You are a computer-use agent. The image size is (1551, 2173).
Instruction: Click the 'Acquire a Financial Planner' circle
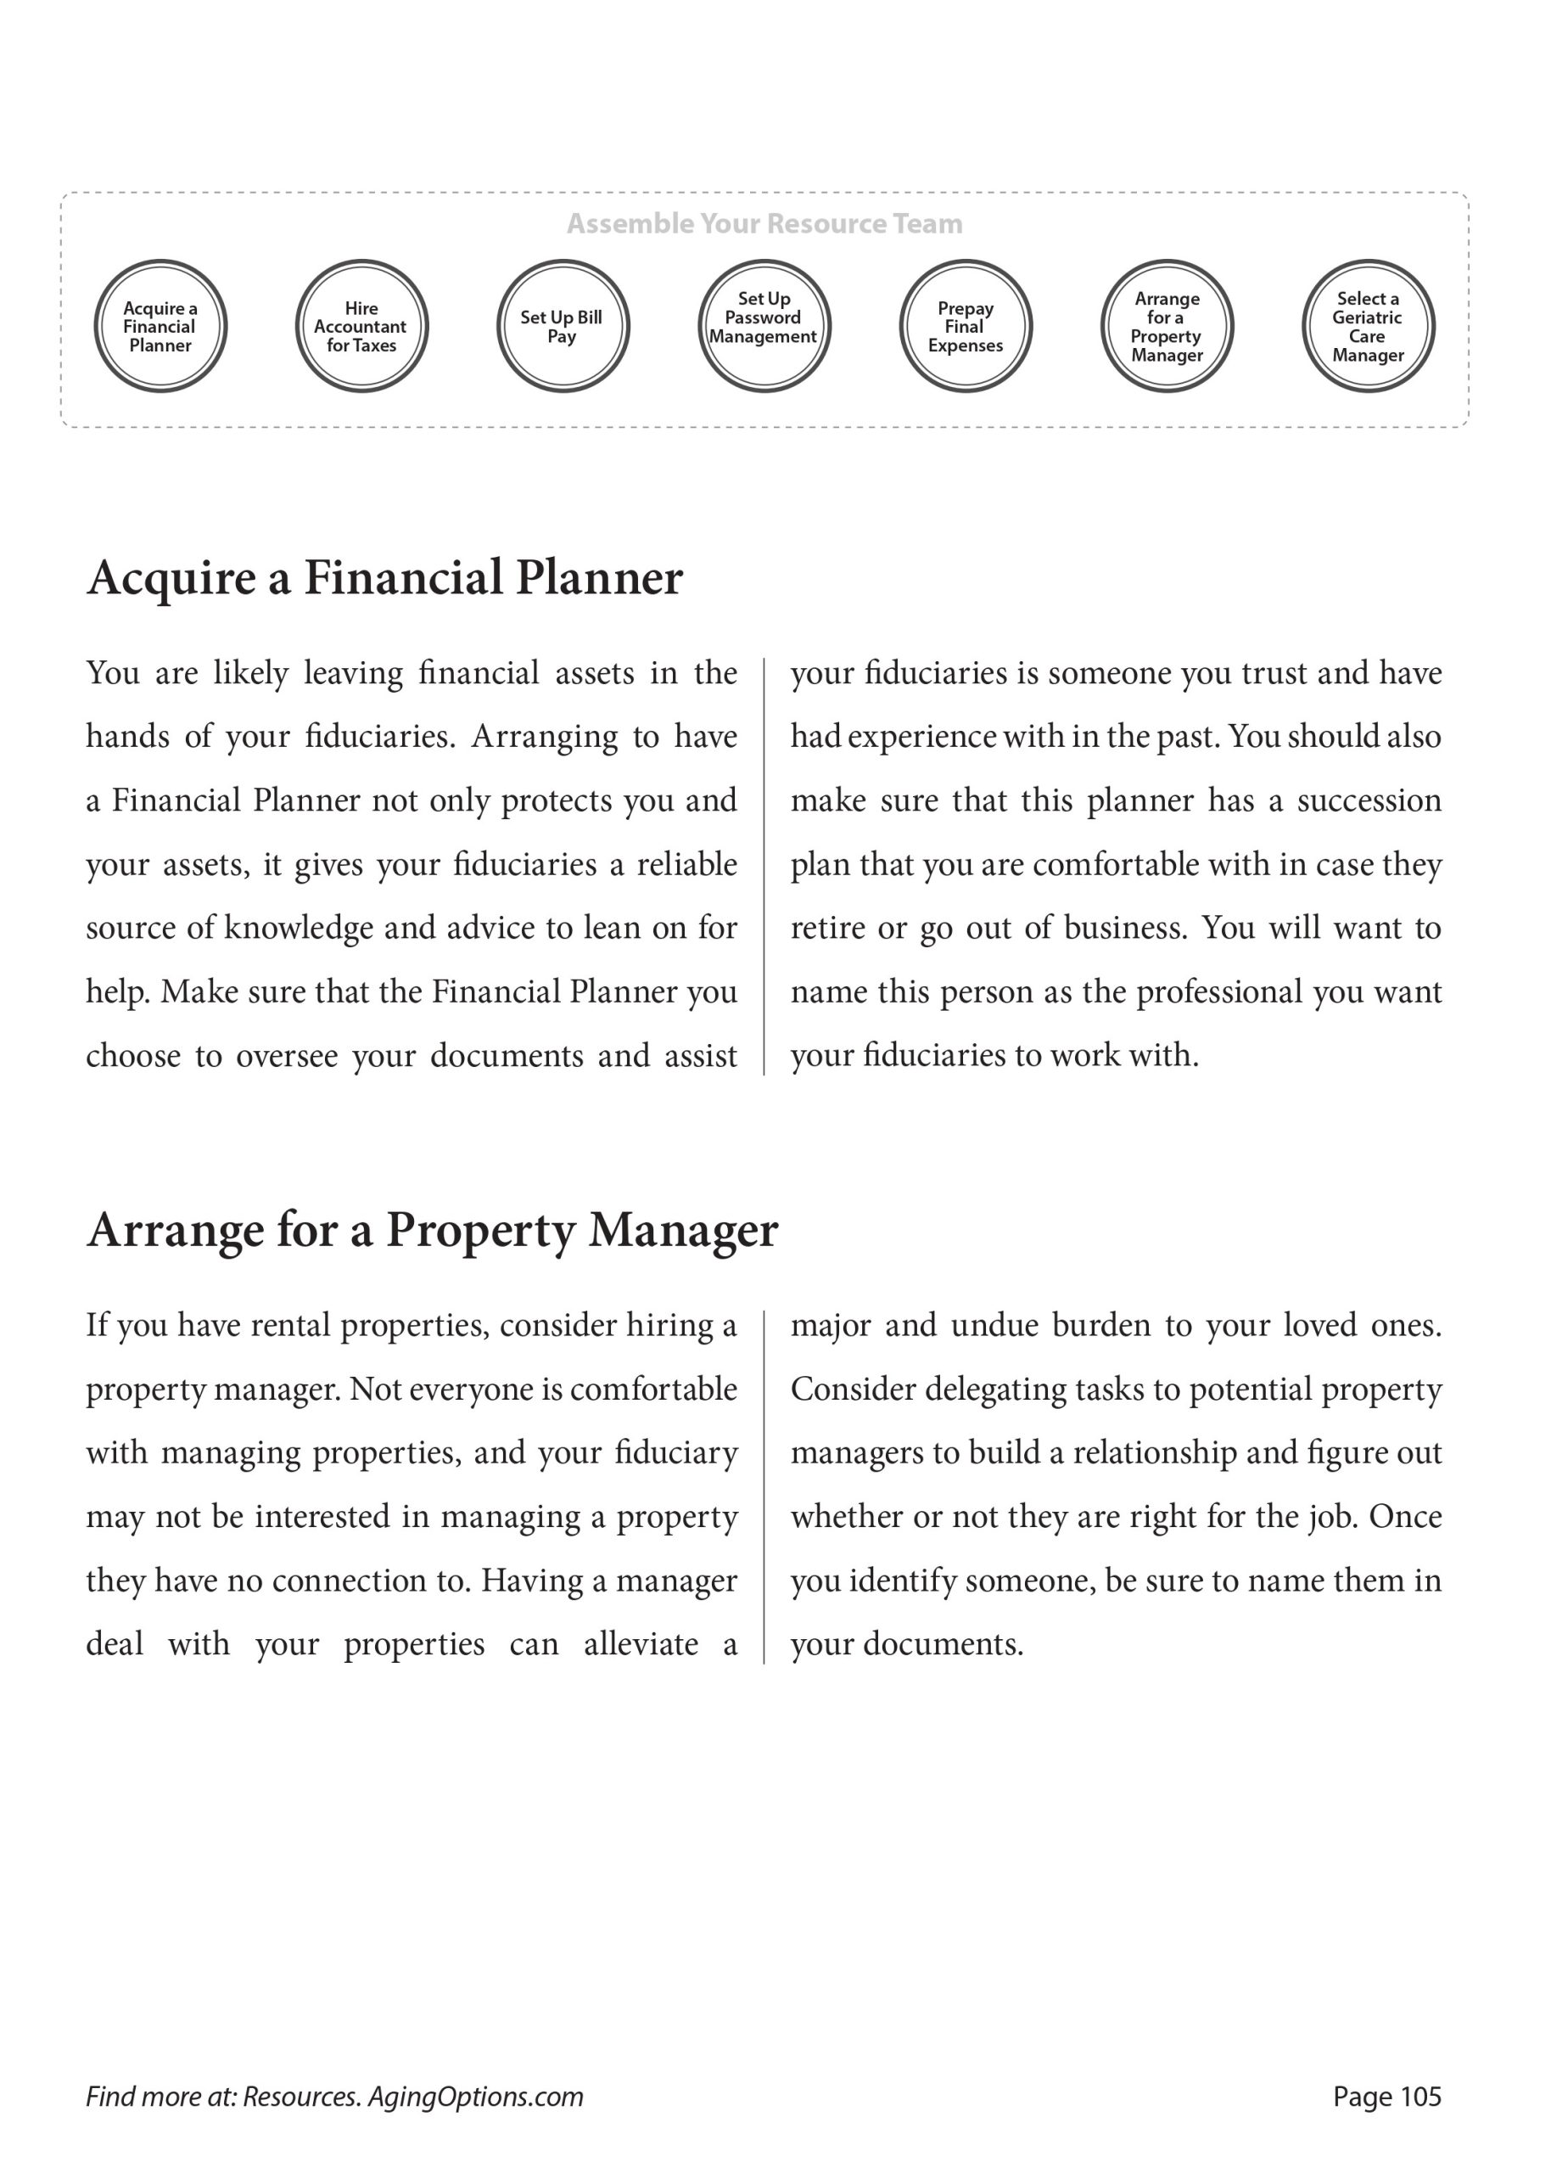160,327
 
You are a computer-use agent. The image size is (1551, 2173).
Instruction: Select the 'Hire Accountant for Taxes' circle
361,327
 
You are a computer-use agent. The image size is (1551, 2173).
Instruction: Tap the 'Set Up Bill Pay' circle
563,327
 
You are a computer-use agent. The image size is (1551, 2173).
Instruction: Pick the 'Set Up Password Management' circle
764,327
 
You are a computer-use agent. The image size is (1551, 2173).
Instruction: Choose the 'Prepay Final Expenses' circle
966,327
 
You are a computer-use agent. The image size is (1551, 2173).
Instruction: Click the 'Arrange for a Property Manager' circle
1167,327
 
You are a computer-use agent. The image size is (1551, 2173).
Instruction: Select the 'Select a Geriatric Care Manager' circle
1368,327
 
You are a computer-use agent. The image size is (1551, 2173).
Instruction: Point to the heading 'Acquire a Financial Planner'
385,578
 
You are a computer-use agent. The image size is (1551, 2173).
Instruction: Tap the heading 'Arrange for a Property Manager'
433,1229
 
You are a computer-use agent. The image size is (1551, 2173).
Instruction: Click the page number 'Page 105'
1386,2097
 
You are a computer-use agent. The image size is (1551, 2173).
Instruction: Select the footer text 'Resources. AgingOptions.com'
412,2097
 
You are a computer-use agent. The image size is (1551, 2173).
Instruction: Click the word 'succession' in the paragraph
1369,800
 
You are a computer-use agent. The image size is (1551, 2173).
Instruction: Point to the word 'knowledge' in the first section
298,929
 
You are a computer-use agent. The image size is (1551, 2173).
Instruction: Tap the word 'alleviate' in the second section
641,1644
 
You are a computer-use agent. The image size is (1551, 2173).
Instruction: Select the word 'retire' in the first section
821,929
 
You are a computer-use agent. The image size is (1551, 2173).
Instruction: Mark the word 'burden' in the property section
1101,1325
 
